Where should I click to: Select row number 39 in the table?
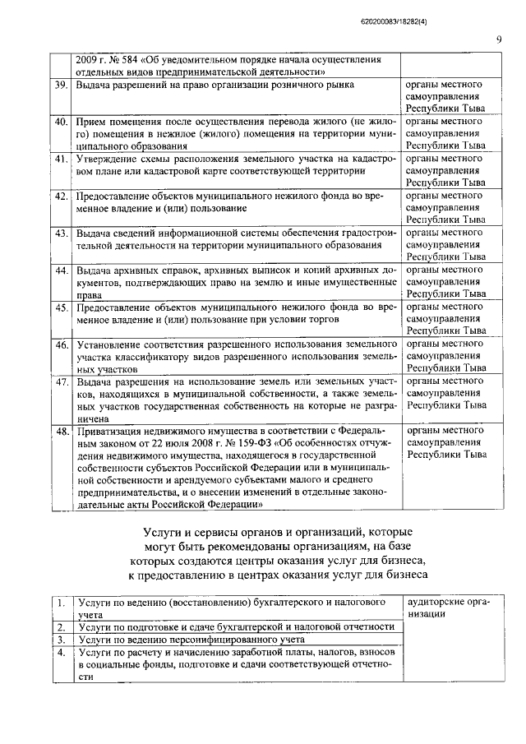[61, 85]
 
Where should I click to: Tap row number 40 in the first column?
[61, 122]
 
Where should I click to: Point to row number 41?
[61, 159]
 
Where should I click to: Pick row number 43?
[61, 233]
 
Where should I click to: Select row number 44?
[61, 270]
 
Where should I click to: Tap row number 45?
[61, 307]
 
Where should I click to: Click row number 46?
[61, 345]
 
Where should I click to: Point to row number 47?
[61, 382]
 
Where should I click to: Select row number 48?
[61, 430]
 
